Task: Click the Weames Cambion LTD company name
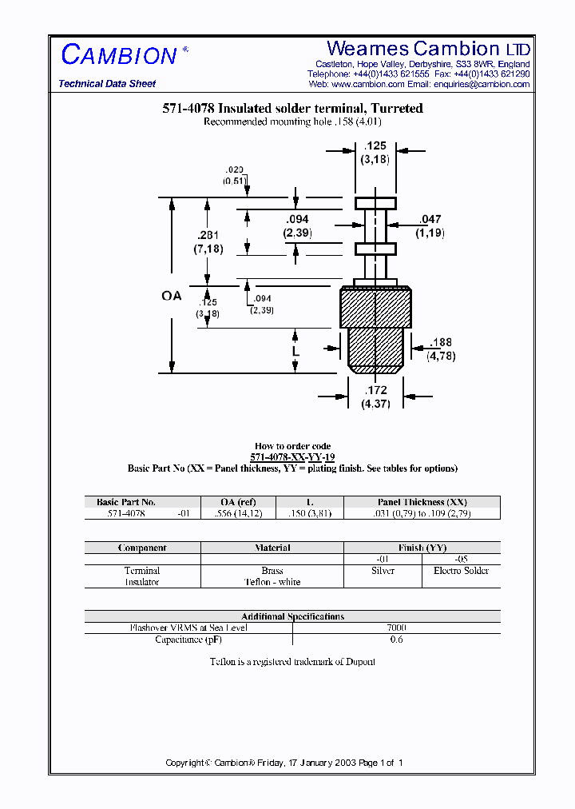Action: [x=428, y=49]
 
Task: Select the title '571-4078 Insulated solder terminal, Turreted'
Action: [x=292, y=109]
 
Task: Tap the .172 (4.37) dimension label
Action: [x=375, y=397]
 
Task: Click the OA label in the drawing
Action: [x=172, y=296]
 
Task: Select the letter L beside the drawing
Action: [x=295, y=351]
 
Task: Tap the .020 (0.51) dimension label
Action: [x=234, y=176]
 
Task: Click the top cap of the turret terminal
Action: [x=375, y=203]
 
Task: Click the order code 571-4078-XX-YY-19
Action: [x=292, y=457]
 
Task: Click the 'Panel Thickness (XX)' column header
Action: [x=422, y=502]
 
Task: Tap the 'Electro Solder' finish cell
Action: [x=461, y=571]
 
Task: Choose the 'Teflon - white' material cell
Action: [x=272, y=582]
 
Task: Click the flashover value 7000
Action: [x=396, y=628]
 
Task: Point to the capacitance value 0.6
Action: [x=396, y=640]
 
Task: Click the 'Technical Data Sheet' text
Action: [x=107, y=84]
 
